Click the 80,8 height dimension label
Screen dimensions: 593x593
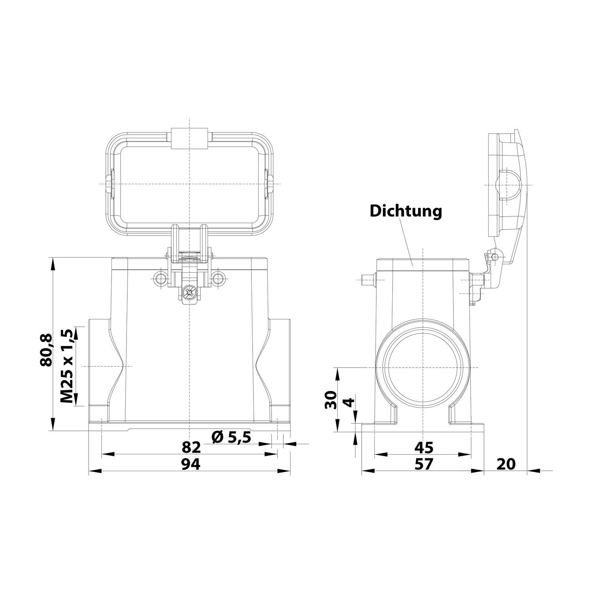tap(46, 350)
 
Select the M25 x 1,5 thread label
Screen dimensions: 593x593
tap(67, 366)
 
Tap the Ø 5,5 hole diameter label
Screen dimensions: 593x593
tap(231, 437)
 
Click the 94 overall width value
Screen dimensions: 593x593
tap(191, 464)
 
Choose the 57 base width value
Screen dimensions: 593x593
tap(424, 464)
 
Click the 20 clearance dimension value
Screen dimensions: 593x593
tap(506, 464)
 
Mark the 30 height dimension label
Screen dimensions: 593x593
tap(330, 399)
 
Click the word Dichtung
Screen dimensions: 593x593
tap(406, 211)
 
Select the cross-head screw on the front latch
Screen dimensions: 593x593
tap(190, 293)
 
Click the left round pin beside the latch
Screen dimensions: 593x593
tap(161, 279)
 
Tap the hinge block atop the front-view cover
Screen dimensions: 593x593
tap(190, 138)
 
